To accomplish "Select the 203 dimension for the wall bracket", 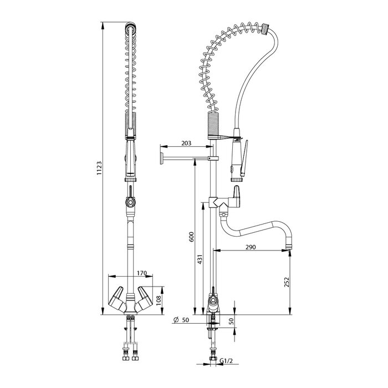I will [186, 144].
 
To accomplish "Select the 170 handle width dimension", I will [141, 273].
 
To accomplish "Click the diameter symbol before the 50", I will [176, 320].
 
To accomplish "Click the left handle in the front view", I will [118, 299].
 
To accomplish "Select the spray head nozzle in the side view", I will [236, 177].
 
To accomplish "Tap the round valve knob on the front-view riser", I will [130, 203].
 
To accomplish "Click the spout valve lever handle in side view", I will [237, 194].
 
